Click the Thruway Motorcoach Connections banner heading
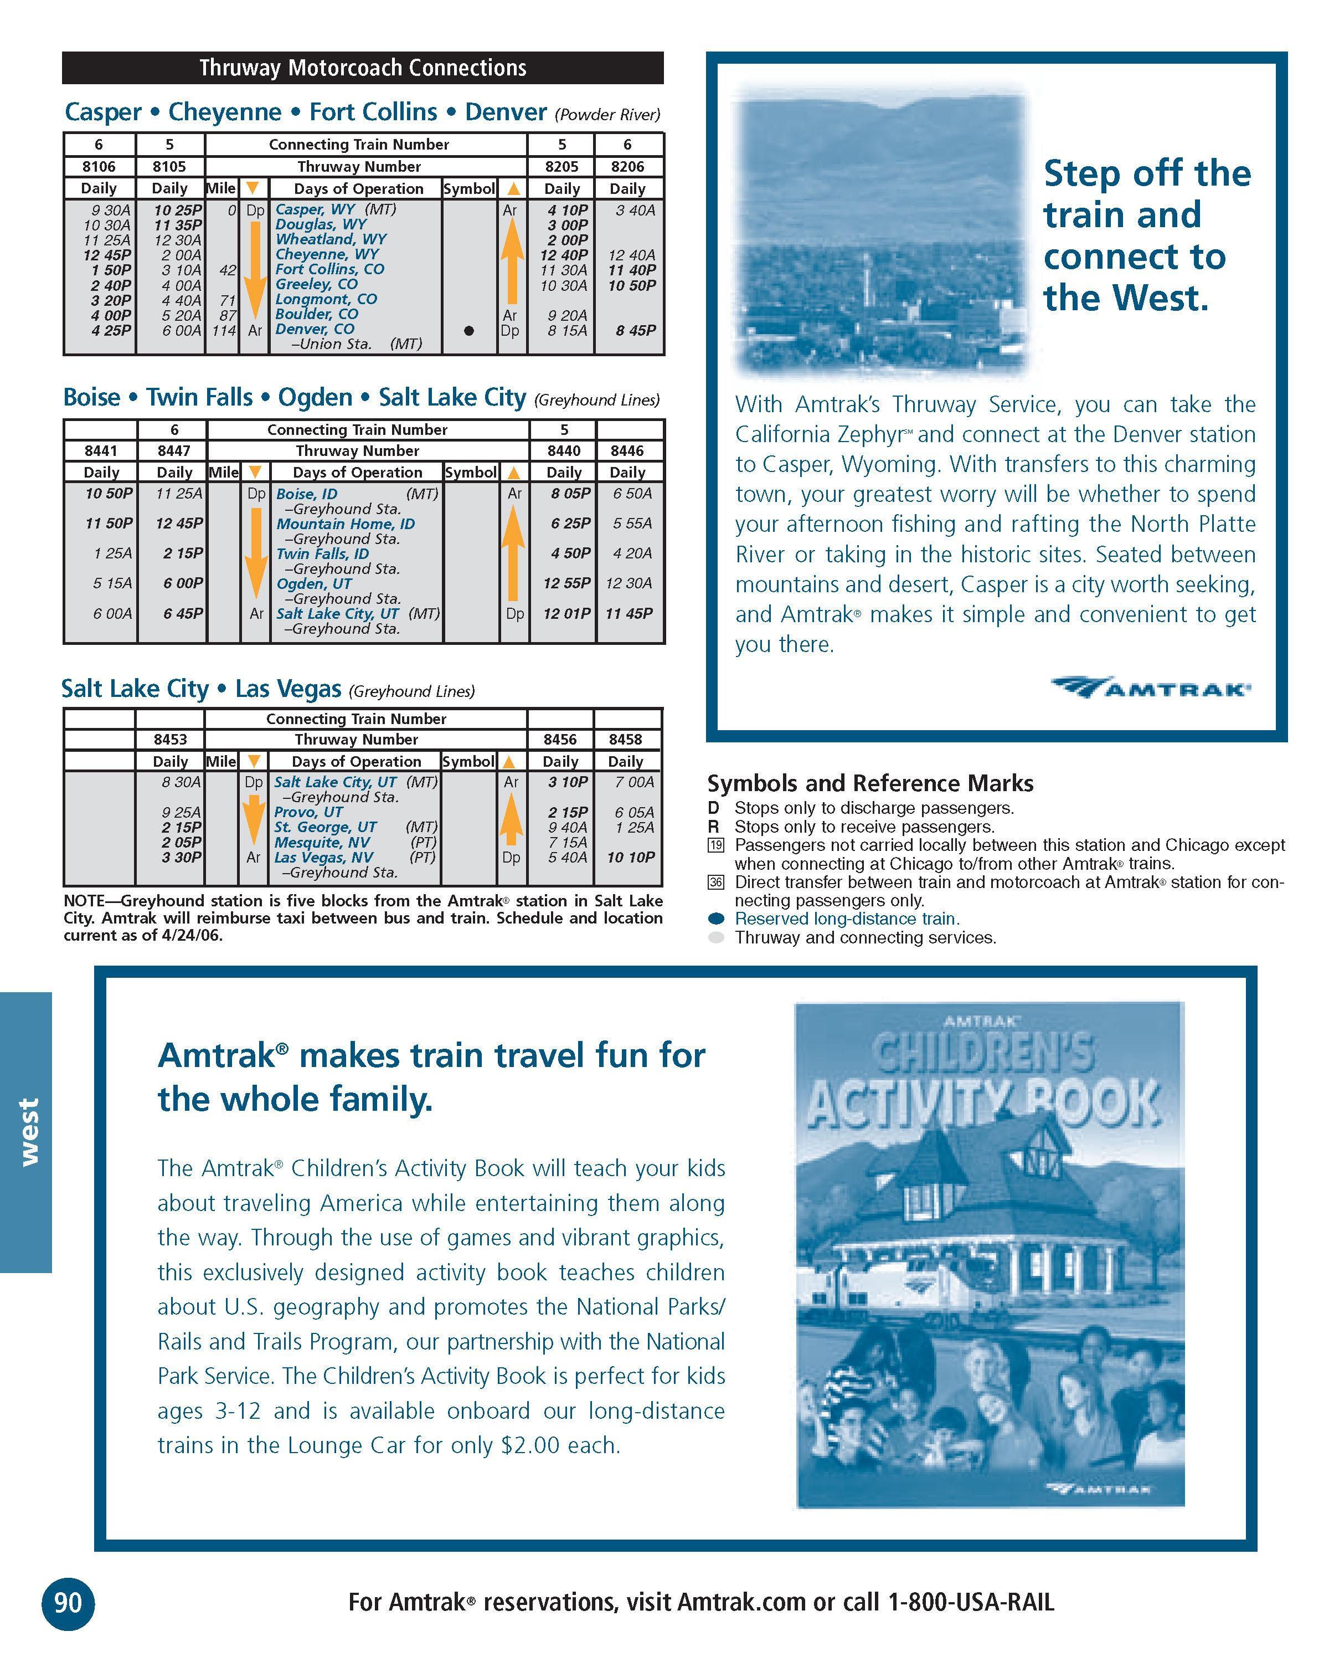[x=362, y=68]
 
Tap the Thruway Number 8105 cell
[x=169, y=167]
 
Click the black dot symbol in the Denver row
[x=468, y=331]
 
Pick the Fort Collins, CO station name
[x=329, y=269]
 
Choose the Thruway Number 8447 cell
[x=174, y=451]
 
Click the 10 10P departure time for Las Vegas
[x=630, y=857]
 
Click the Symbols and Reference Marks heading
[x=870, y=783]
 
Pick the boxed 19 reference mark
[x=716, y=845]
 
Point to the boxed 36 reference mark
[x=716, y=883]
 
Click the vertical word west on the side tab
[x=28, y=1132]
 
